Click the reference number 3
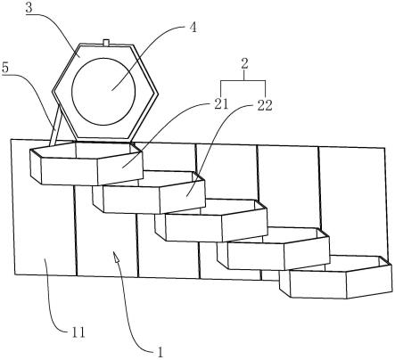click(x=29, y=8)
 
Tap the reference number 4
click(x=193, y=28)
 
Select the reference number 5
click(x=5, y=68)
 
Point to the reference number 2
click(x=244, y=63)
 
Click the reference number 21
click(x=221, y=104)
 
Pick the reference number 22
click(x=265, y=105)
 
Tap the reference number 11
click(x=78, y=332)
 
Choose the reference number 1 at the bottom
click(x=160, y=352)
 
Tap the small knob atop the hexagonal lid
click(x=106, y=43)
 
